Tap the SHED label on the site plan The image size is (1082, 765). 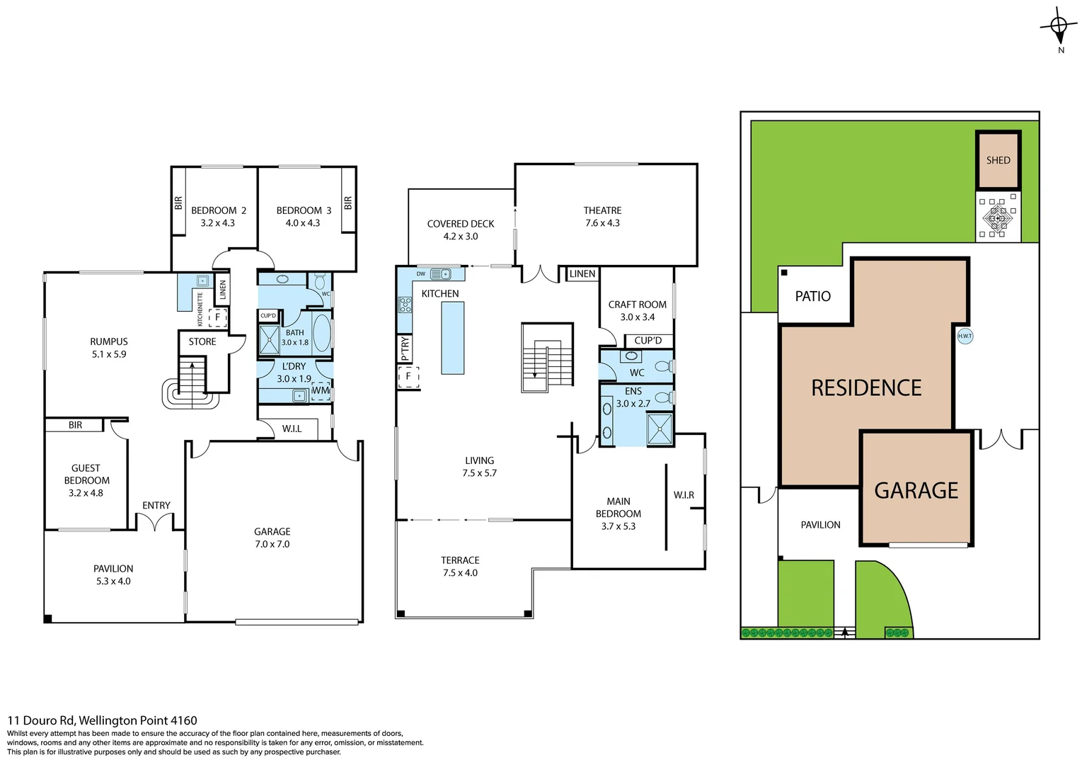(x=998, y=160)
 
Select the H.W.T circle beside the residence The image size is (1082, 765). (x=965, y=336)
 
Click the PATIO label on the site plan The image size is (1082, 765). (x=812, y=296)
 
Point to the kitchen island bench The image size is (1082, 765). (x=453, y=337)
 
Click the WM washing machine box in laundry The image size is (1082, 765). (x=321, y=390)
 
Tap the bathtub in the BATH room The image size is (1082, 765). (x=321, y=334)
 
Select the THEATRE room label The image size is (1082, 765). (x=602, y=210)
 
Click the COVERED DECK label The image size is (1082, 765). (x=461, y=224)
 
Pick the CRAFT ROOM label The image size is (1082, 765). (x=637, y=305)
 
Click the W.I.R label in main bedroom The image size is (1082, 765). (x=684, y=494)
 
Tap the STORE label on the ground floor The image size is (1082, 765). (x=202, y=341)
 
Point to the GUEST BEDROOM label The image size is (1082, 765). (x=86, y=474)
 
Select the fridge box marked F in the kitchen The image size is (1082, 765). (x=408, y=376)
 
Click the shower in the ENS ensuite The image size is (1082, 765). (x=660, y=429)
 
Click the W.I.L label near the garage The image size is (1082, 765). (x=292, y=429)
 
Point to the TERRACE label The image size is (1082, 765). (x=460, y=560)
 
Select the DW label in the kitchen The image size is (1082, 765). (x=421, y=274)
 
